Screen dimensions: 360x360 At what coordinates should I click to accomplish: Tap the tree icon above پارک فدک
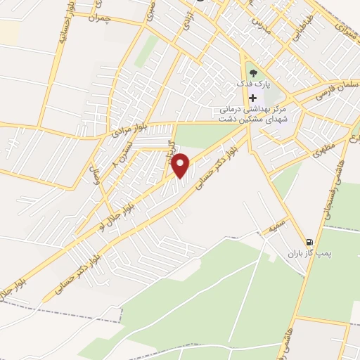coord(252,72)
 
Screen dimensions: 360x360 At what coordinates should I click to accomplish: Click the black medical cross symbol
coord(252,98)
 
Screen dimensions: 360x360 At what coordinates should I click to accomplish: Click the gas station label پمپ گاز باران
coord(307,253)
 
